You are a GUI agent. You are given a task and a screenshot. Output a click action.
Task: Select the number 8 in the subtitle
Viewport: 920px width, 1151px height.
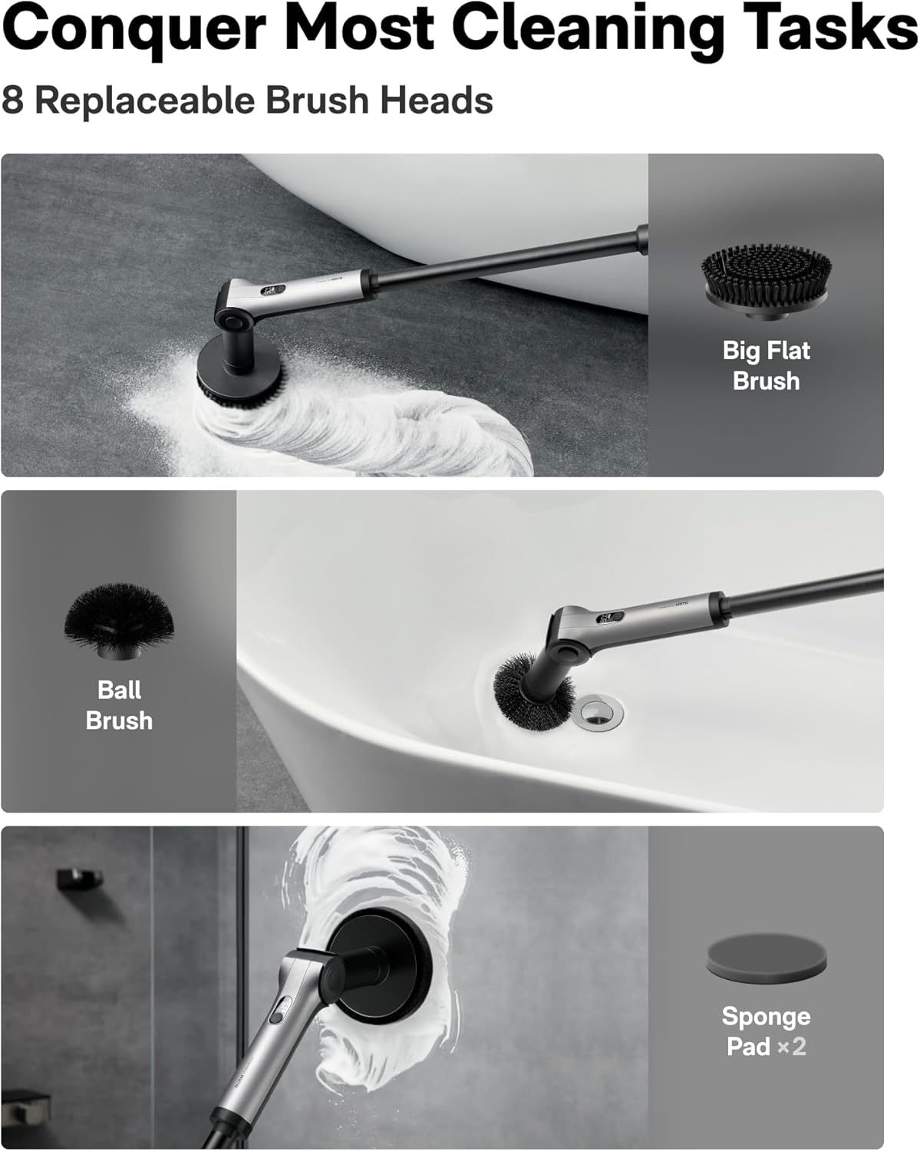tap(12, 101)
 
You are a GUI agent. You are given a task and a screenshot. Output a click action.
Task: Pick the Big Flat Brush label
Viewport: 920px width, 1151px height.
tap(766, 365)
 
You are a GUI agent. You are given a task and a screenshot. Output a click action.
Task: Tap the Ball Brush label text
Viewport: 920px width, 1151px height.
tap(119, 704)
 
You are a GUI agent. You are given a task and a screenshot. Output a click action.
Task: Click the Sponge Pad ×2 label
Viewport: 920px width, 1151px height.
tap(766, 1031)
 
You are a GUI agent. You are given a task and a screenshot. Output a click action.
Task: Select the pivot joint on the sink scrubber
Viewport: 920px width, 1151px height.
tap(569, 652)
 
